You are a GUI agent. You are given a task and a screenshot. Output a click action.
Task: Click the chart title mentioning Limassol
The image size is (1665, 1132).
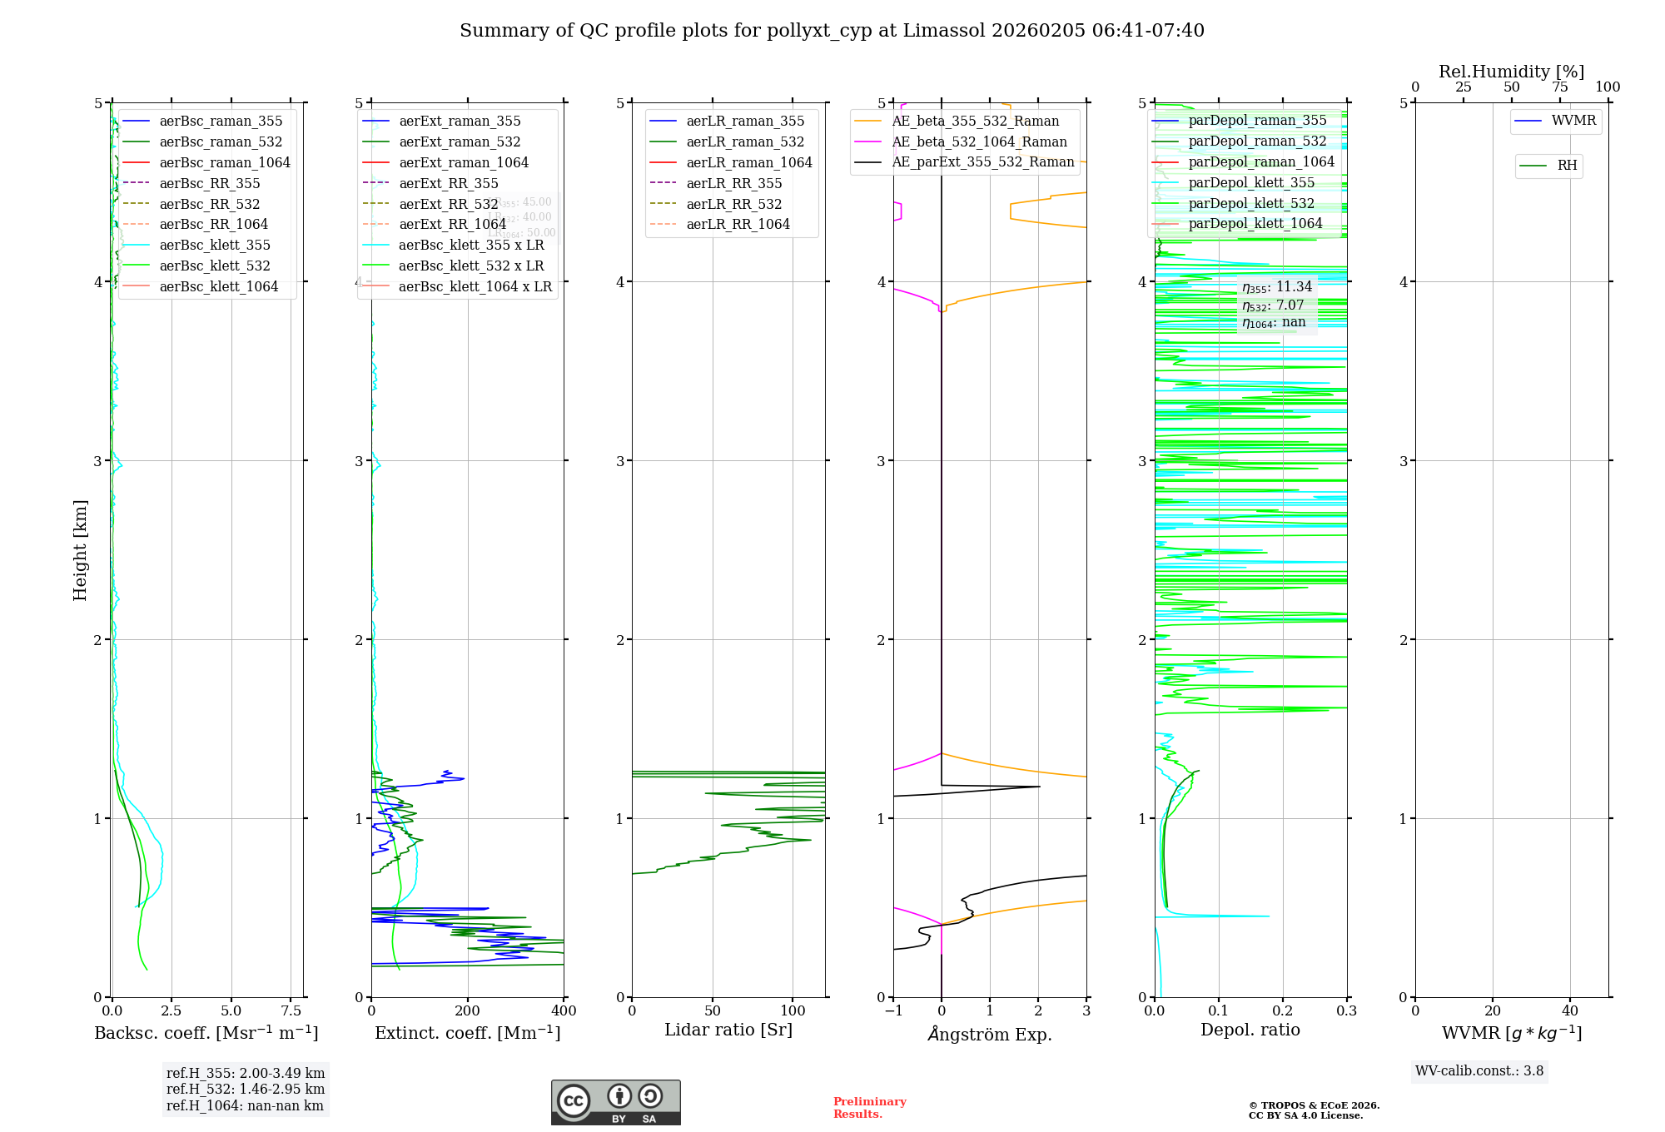[x=832, y=31]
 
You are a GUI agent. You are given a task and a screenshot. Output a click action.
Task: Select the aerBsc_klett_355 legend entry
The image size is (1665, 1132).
[x=215, y=246]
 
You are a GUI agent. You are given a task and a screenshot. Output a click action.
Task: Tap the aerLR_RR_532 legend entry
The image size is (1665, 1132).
[x=733, y=205]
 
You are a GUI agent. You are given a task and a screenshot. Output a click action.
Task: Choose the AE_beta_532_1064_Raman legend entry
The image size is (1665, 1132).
[x=979, y=142]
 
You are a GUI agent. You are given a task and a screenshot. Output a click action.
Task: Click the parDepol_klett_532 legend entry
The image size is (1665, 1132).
[x=1251, y=204]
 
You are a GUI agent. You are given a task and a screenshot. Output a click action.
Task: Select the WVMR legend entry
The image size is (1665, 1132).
[x=1573, y=121]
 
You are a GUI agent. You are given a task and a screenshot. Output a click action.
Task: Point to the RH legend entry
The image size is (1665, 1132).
[x=1567, y=166]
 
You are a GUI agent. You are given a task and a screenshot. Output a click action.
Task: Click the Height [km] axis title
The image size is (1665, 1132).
[x=80, y=550]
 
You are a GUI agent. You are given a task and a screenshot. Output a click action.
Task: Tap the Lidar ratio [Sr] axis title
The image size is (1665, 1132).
[x=728, y=1030]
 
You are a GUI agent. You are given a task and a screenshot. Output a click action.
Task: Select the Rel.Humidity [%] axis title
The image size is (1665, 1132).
[x=1511, y=72]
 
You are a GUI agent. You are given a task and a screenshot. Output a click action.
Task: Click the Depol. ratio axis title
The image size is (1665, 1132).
[x=1250, y=1030]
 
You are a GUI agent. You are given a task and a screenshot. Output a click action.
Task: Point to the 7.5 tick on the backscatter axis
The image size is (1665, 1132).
[x=291, y=1011]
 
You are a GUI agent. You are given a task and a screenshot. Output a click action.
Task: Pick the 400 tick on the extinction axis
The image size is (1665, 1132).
[x=564, y=1011]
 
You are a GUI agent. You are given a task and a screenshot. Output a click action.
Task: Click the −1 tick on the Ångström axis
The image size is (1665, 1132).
[x=893, y=1011]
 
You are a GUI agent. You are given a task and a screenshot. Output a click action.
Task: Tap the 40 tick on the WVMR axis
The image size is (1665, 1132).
[x=1570, y=1011]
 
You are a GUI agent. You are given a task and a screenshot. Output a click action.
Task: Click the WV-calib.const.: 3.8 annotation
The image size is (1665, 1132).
[x=1479, y=1071]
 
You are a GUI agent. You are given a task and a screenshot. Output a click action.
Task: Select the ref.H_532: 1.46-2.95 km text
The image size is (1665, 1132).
[x=246, y=1090]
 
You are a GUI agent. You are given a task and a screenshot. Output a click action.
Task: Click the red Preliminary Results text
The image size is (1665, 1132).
[x=869, y=1108]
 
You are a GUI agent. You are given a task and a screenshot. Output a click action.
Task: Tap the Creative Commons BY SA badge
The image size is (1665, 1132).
[x=615, y=1103]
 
